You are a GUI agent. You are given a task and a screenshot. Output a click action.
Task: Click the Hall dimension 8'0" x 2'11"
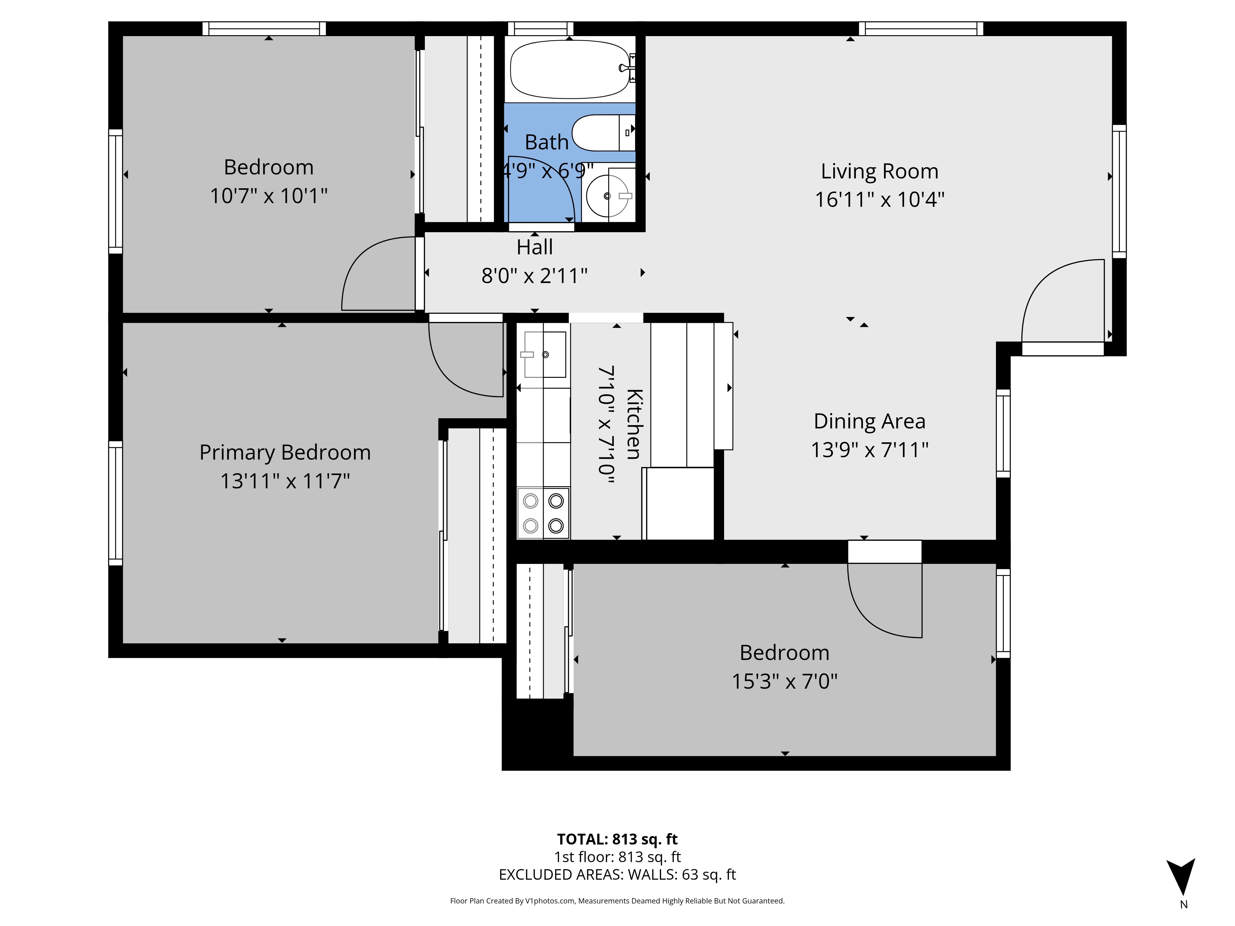click(534, 276)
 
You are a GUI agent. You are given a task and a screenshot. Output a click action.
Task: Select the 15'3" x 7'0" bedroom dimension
click(785, 682)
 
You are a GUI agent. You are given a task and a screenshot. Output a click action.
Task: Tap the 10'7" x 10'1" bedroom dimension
click(269, 196)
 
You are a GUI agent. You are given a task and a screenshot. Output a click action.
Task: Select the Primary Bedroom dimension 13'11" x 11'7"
click(285, 481)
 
